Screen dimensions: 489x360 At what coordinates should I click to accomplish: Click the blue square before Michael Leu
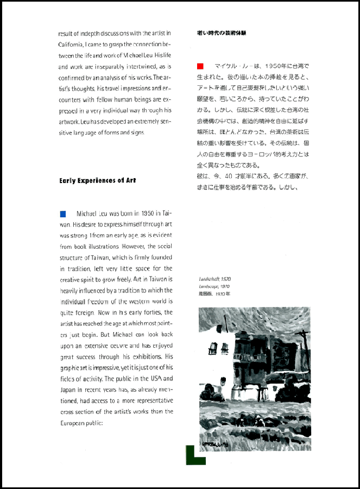click(62, 214)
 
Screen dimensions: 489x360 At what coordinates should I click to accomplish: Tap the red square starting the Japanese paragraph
click(200, 66)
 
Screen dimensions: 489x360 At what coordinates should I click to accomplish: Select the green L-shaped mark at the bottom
click(194, 455)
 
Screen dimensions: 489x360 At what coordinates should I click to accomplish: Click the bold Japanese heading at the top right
click(222, 33)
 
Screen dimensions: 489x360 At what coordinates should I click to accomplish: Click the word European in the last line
click(73, 423)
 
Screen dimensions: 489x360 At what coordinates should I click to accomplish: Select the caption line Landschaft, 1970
click(214, 279)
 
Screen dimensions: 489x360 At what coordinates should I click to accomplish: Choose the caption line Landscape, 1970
click(214, 286)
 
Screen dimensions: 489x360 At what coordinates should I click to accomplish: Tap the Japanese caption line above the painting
click(214, 293)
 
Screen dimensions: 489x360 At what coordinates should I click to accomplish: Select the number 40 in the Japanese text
click(228, 176)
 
